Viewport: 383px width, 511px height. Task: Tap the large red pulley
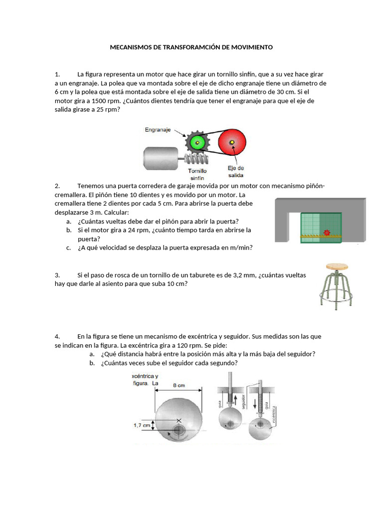(x=231, y=143)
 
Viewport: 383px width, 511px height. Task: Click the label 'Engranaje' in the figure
(x=158, y=130)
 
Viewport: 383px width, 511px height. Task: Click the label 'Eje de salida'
(x=235, y=171)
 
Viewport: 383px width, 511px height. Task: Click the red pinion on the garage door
(x=327, y=233)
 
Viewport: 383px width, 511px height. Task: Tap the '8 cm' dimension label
(x=179, y=385)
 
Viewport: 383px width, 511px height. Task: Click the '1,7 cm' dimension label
(x=142, y=426)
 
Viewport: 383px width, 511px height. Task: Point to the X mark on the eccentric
(x=179, y=421)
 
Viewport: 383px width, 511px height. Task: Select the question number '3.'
(x=57, y=275)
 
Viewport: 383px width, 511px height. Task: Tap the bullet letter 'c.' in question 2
(x=69, y=247)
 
